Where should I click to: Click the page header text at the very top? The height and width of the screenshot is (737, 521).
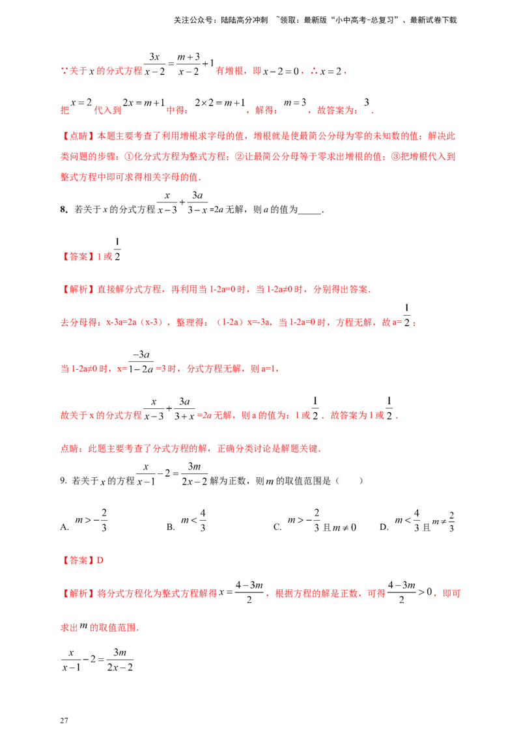click(315, 21)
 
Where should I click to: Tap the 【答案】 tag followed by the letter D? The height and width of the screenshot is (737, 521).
click(77, 559)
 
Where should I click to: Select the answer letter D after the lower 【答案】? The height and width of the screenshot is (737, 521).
click(100, 559)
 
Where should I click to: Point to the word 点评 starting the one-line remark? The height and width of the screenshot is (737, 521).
click(68, 449)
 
